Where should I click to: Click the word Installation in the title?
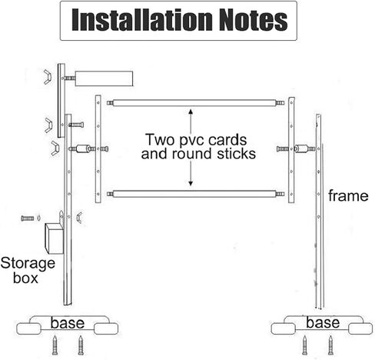142,20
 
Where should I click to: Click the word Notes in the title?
254,20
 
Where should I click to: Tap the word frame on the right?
348,196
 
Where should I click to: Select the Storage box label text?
28,270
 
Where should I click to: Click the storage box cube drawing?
54,238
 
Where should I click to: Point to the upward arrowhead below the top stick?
191,112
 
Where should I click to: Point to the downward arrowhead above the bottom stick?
191,183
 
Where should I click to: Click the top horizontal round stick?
195,103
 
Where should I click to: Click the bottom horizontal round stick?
195,194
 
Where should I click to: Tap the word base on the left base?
68,323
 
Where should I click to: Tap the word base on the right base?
323,322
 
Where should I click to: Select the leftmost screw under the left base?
55,345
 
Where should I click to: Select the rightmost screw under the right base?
330,345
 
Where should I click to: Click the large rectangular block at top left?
104,78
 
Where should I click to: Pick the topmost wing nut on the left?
48,77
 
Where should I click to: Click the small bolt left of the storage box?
28,218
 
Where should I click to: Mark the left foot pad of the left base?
29,329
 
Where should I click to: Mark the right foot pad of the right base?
360,328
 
